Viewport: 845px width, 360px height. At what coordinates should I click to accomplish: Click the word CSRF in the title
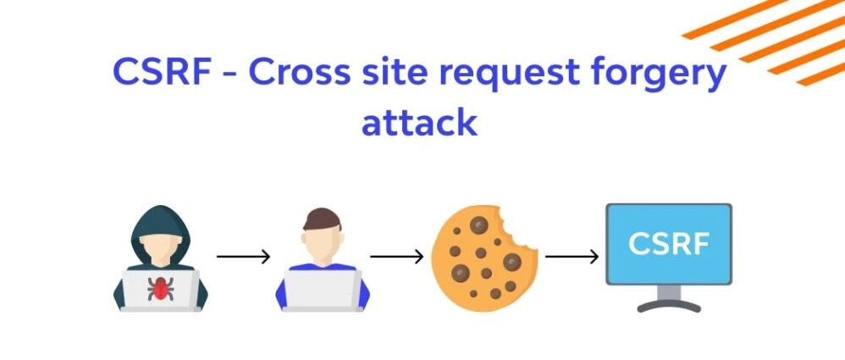pos(162,72)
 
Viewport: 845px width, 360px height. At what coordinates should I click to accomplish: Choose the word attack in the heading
pos(419,122)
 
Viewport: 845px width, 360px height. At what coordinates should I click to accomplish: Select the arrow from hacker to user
pos(243,257)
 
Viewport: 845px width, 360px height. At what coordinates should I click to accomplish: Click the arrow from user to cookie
pos(396,257)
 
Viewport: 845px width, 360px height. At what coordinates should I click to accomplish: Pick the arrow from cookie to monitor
pos(572,257)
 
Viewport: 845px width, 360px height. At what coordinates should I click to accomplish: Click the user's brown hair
pos(323,219)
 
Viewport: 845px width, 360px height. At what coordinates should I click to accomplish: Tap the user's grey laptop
pos(323,291)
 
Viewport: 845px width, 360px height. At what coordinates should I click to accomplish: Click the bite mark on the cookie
pos(516,229)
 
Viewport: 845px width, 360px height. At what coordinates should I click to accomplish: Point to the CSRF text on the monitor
pos(669,244)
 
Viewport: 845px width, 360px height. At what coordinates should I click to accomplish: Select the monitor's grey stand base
pos(669,306)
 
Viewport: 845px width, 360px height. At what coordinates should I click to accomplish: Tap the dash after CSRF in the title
pos(229,74)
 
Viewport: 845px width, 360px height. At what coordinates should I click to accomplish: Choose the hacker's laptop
pos(160,291)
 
